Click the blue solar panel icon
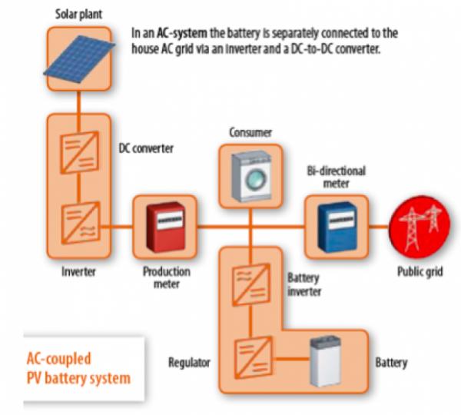click(79, 59)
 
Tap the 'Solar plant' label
click(79, 14)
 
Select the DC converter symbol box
click(79, 152)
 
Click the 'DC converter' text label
click(146, 148)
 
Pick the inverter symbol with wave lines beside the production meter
click(80, 223)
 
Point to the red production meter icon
click(166, 227)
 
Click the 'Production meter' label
click(167, 277)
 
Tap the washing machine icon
click(251, 177)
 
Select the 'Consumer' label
click(250, 132)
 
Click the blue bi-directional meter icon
click(338, 227)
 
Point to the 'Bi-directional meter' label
click(337, 177)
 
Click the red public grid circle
click(420, 227)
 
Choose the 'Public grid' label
click(420, 272)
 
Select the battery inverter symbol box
click(251, 284)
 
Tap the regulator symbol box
click(253, 358)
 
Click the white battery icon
click(326, 361)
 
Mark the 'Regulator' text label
click(189, 363)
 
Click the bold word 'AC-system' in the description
click(182, 33)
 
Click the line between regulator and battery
click(291, 359)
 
